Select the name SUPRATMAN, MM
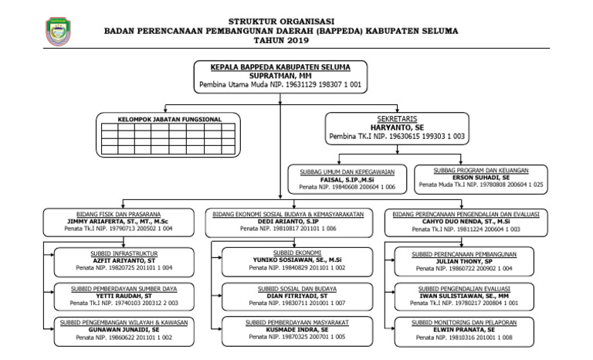[x=280, y=75]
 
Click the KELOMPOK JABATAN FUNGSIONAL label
[x=169, y=119]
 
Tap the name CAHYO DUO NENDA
[x=465, y=221]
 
